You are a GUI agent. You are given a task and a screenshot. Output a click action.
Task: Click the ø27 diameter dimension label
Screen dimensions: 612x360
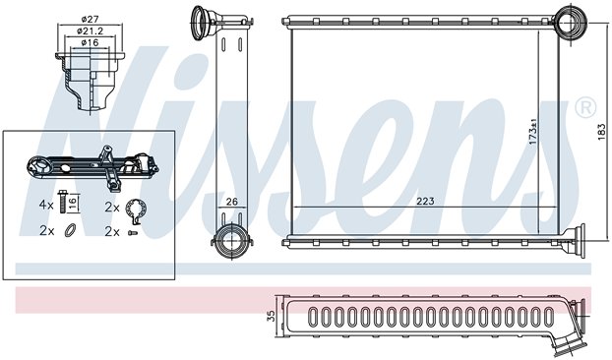90,19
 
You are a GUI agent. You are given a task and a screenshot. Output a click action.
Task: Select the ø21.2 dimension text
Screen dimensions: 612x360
91,30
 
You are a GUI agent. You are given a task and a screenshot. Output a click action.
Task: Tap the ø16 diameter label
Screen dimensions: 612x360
90,42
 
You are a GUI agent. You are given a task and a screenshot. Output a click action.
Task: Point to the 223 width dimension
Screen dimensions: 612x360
425,202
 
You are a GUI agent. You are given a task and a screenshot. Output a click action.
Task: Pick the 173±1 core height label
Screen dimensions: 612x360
533,132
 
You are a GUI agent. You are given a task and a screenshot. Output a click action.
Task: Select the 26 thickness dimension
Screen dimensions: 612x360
232,202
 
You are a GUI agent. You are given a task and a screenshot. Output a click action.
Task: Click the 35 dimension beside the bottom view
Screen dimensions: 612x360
272,316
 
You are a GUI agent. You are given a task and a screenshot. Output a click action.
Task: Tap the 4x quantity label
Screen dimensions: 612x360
46,205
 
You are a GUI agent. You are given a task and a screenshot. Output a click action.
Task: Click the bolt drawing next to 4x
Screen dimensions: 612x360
62,202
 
